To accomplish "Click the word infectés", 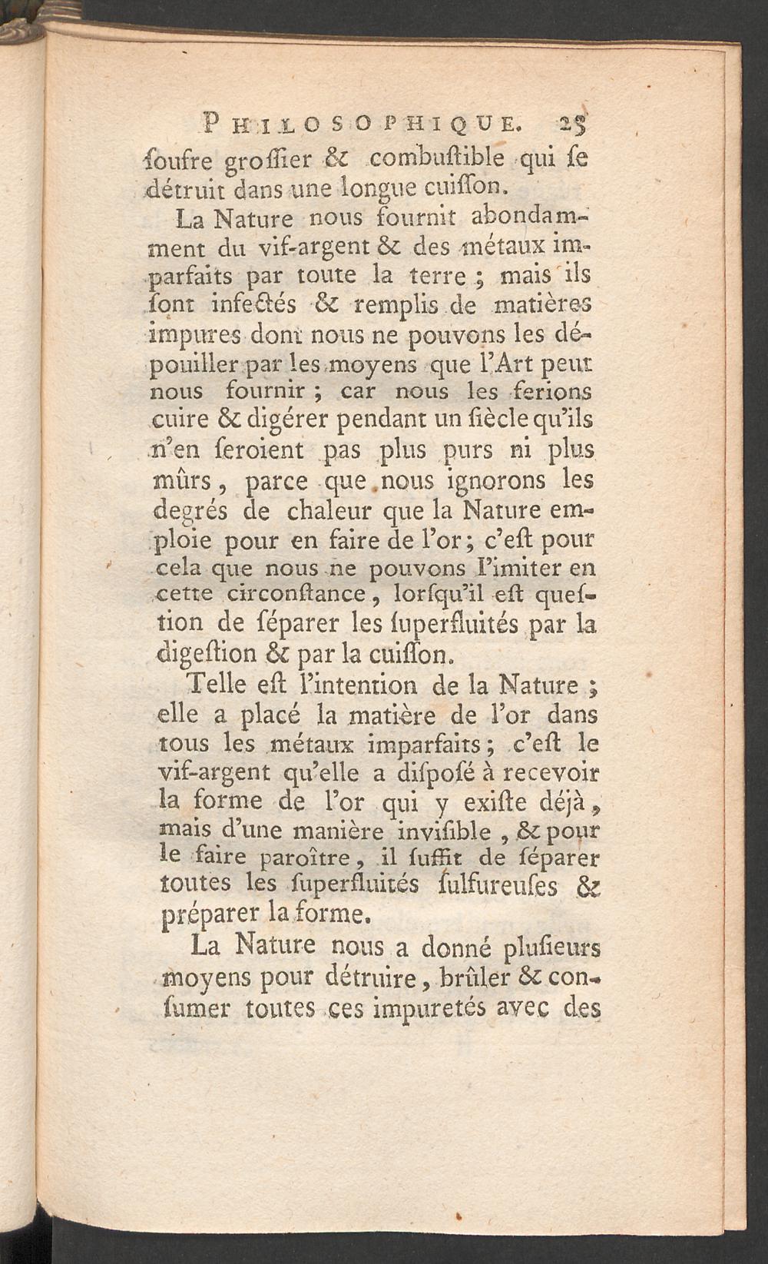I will click(x=251, y=305).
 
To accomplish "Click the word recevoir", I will click(x=551, y=773).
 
